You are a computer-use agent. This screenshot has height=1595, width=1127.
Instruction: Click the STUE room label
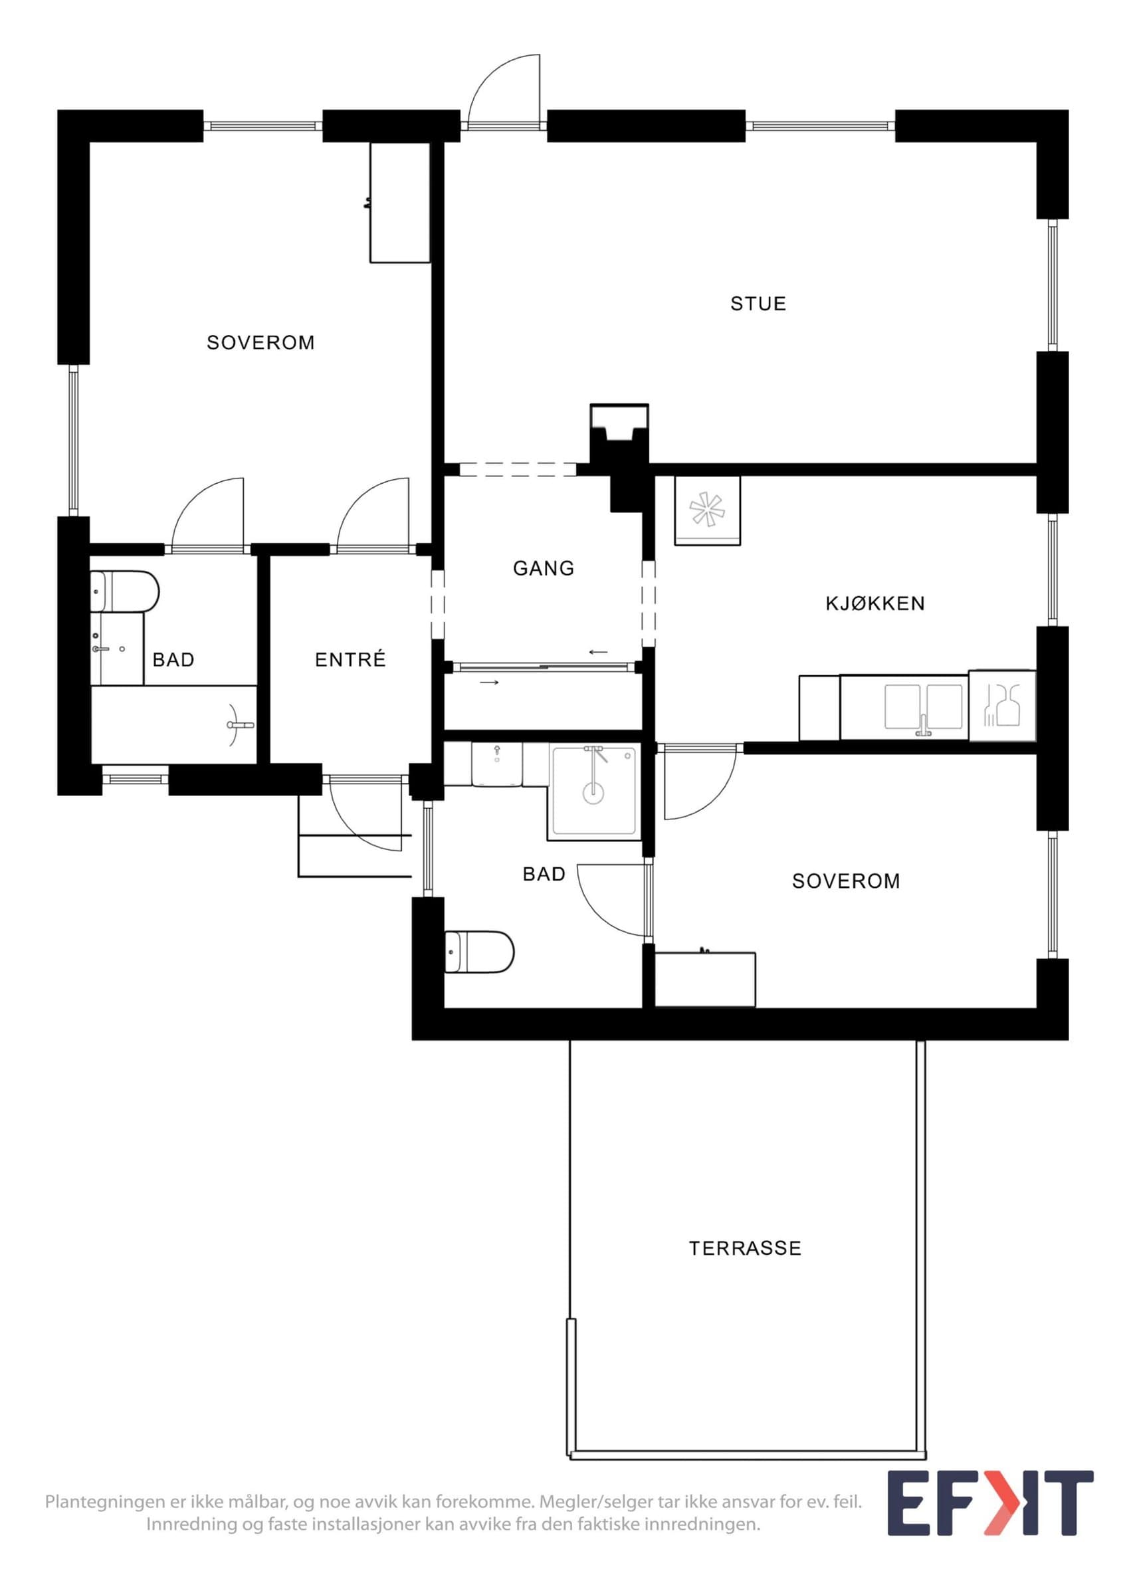[x=758, y=304]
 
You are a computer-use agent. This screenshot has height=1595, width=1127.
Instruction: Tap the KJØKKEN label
[x=875, y=603]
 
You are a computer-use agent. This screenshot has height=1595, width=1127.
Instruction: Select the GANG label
[x=544, y=568]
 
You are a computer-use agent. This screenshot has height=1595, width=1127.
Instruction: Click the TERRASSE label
[x=745, y=1248]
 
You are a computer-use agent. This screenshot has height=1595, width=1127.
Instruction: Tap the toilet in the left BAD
[x=125, y=591]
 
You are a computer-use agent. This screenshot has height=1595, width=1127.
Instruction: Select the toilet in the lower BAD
[x=479, y=952]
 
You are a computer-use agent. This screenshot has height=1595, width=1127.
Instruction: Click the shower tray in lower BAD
[x=593, y=790]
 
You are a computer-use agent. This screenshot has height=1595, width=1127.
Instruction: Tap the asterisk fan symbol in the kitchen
[x=707, y=510]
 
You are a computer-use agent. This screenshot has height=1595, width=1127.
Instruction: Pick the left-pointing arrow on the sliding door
[x=598, y=653]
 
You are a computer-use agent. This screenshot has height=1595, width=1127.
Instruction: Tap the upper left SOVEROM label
[x=260, y=342]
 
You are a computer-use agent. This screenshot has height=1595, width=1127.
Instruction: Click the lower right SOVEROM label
[x=846, y=881]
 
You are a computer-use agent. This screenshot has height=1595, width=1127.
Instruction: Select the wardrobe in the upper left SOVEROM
[x=400, y=203]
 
